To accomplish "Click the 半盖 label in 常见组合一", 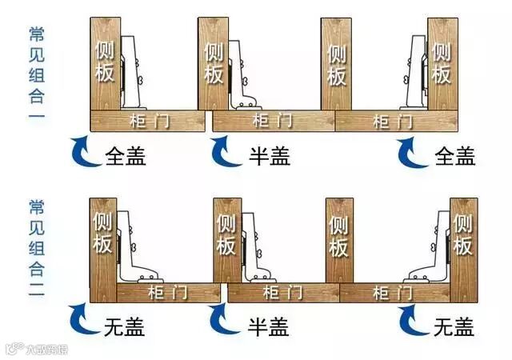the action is [264, 154].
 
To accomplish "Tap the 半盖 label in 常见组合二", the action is [264, 326].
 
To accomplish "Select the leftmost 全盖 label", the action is [126, 154].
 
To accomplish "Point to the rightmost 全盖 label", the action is [454, 154].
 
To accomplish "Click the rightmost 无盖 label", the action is [454, 326].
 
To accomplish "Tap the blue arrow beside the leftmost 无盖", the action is [81, 320].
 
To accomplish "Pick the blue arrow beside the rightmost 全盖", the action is [414, 150].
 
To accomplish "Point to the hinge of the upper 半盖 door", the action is [242, 80].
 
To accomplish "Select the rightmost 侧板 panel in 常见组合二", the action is [463, 237].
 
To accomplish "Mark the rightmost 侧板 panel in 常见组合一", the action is [442, 64].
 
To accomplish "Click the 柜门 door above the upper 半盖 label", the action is [272, 122].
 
